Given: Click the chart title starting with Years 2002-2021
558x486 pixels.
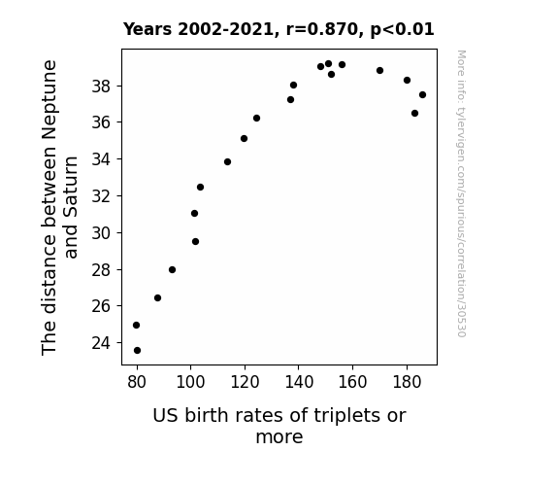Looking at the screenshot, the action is pos(279,29).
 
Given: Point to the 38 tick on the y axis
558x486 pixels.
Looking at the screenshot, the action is pos(119,86).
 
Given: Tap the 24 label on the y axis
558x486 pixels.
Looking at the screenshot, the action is pos(101,343).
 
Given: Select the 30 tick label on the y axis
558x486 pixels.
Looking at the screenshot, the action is pos(101,233).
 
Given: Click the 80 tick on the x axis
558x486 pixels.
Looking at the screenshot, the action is pos(137,366).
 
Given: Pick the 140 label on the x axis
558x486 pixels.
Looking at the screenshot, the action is pos(299,382).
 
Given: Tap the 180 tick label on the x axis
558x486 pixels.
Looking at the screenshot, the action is pos(407,382).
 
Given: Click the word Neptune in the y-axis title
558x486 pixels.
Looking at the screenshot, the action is pos(49,99).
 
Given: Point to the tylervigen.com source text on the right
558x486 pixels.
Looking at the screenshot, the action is pos(461,193).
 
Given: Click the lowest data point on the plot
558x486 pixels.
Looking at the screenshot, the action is pos(138,351).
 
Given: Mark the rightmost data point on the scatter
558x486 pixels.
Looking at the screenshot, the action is pos(422,95).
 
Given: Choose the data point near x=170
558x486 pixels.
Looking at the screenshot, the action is pos(380,71).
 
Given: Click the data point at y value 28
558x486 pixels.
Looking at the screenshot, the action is pos(172,270).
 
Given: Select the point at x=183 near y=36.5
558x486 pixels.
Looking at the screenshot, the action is pos(414,114).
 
